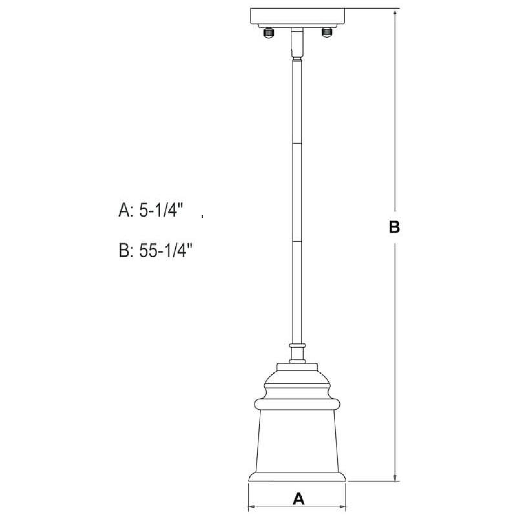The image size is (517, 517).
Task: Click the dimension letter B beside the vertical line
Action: pyautogui.click(x=394, y=227)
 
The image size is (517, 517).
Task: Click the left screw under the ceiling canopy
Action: pyautogui.click(x=269, y=33)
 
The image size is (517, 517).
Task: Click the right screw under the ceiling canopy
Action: pyautogui.click(x=327, y=32)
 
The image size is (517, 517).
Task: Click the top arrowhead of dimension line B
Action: pyautogui.click(x=395, y=12)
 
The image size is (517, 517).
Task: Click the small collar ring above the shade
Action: pyautogui.click(x=297, y=346)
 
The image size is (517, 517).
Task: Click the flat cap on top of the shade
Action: pyautogui.click(x=297, y=367)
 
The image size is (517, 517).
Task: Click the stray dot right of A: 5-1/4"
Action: pyautogui.click(x=202, y=216)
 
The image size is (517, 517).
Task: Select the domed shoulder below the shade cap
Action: pyautogui.click(x=297, y=379)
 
